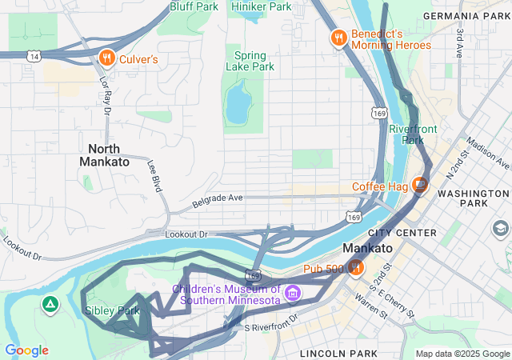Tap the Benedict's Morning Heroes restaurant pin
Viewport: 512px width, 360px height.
click(339, 38)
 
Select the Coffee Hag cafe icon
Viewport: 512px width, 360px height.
click(420, 186)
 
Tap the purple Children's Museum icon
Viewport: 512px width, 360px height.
click(293, 294)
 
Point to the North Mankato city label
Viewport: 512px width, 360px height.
click(104, 155)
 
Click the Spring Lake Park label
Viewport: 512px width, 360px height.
click(250, 61)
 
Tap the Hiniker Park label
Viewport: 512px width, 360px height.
click(261, 6)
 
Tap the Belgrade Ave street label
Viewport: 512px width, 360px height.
click(217, 200)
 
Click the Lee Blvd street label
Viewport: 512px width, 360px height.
click(154, 174)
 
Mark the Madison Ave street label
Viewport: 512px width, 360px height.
click(487, 153)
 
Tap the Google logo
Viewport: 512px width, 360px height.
click(26, 350)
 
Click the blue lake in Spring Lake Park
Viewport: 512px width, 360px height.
click(237, 103)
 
